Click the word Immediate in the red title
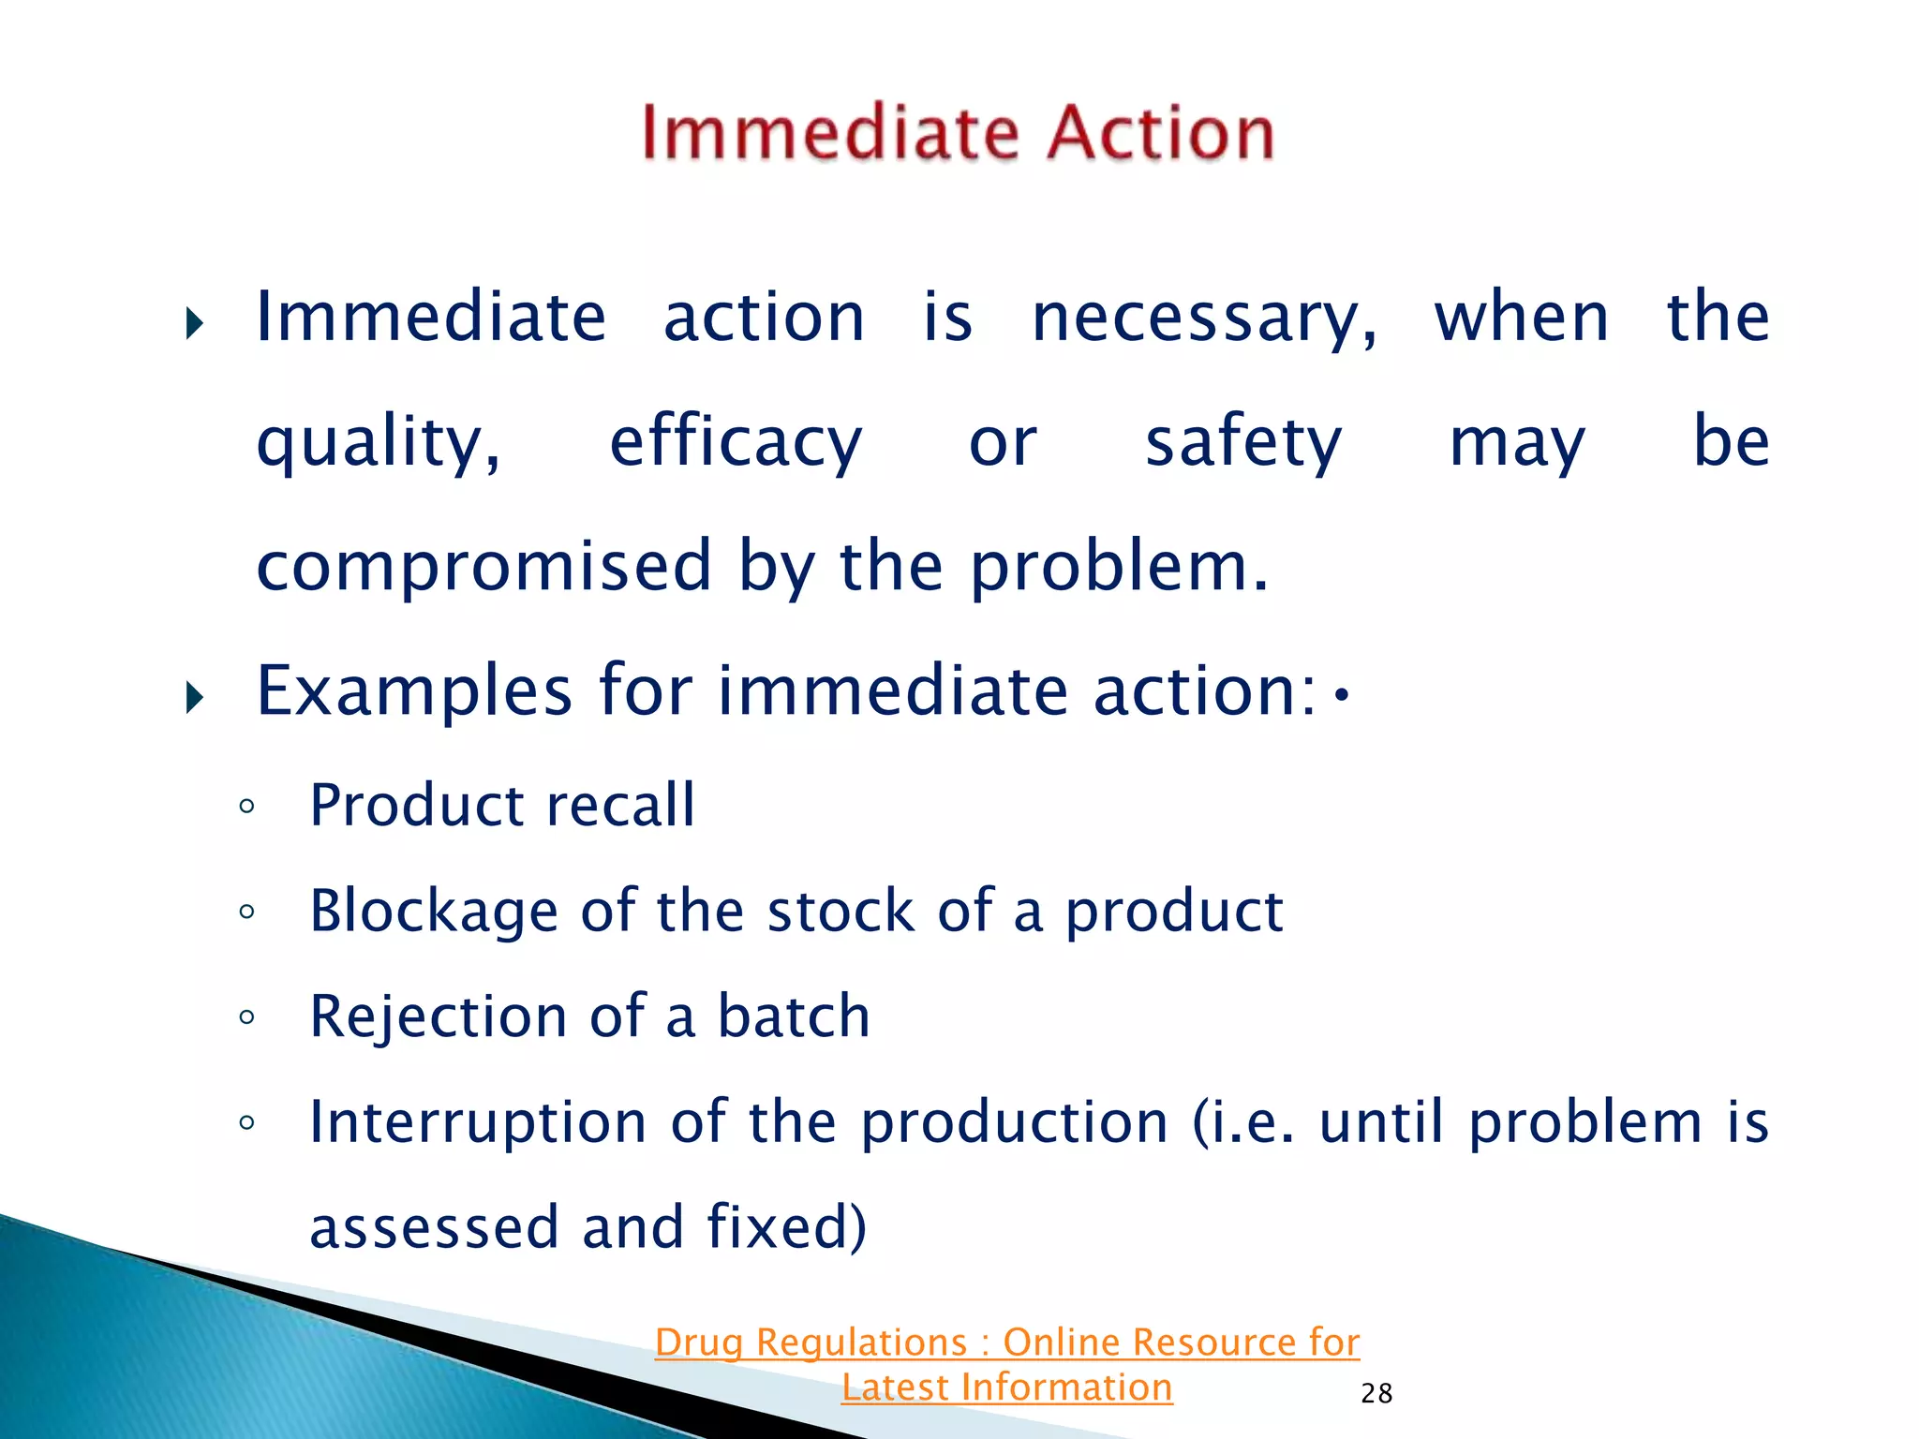click(x=829, y=133)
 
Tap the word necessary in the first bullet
click(x=1204, y=319)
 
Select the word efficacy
click(x=736, y=442)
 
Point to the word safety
click(x=1243, y=442)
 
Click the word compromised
click(x=483, y=566)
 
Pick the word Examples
click(x=414, y=691)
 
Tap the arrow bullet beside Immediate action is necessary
click(x=194, y=325)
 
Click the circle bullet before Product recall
click(x=246, y=807)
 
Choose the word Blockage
click(x=434, y=912)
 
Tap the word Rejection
click(x=438, y=1017)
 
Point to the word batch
click(x=794, y=1017)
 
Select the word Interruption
click(x=478, y=1122)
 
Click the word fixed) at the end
click(x=786, y=1227)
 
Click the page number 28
click(x=1376, y=1394)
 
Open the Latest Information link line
click(x=1006, y=1387)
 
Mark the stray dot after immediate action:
click(x=1342, y=695)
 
